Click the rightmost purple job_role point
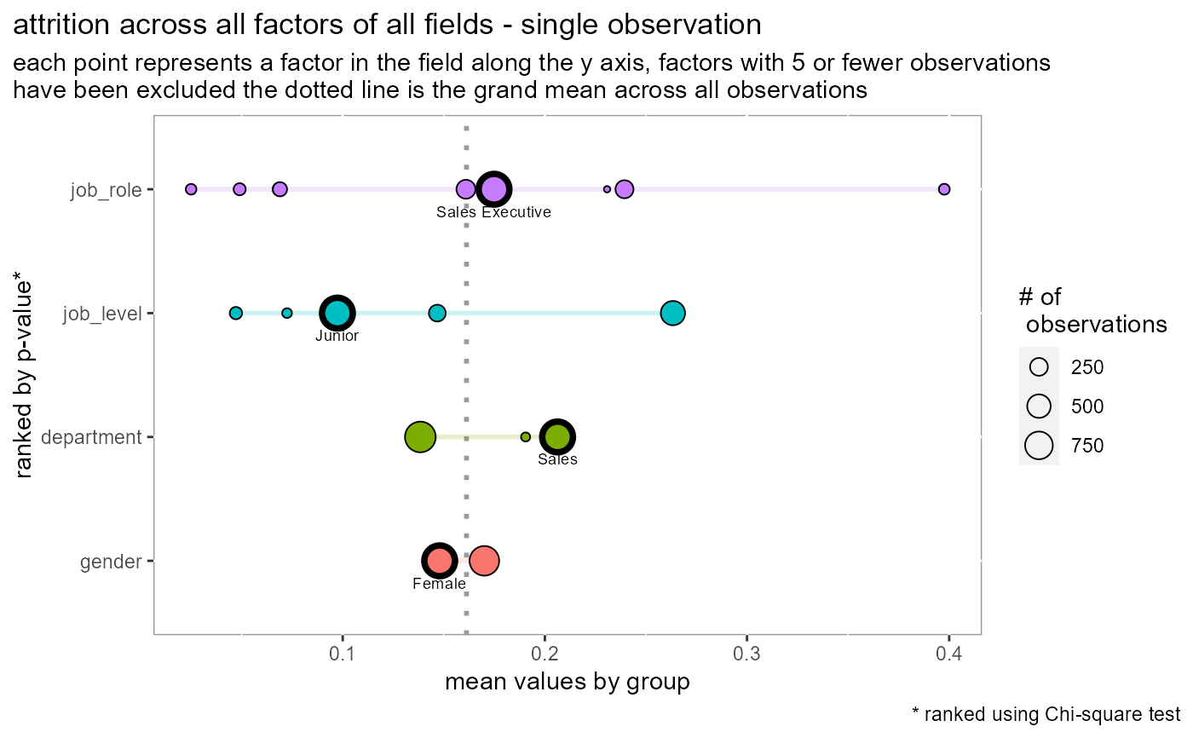coord(943,189)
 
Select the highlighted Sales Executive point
coord(494,188)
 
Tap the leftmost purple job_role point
coord(191,188)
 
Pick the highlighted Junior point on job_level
coord(337,313)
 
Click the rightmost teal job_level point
coord(673,313)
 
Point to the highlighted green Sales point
coord(556,437)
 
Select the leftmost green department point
coord(419,437)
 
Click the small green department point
coord(526,437)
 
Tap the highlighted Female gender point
coord(439,561)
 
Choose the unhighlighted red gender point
coord(484,561)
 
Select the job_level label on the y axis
coord(101,314)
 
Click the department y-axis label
coord(89,438)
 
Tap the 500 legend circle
coord(1039,406)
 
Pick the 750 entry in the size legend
coord(1087,445)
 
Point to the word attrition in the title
coord(57,25)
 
